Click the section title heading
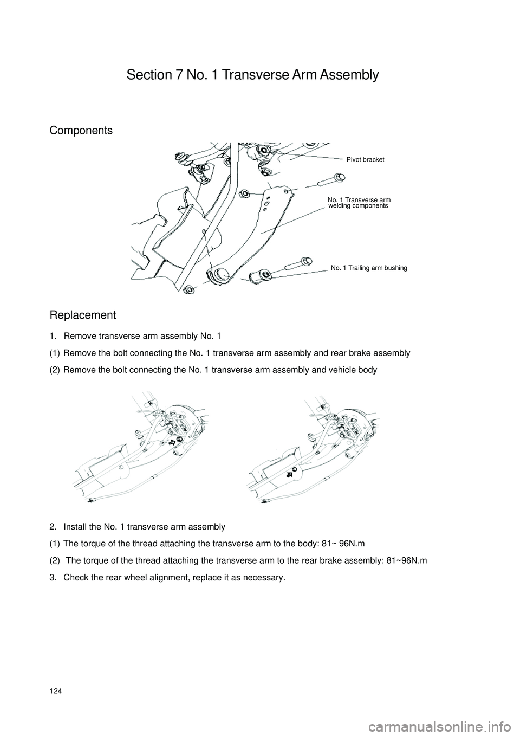click(252, 75)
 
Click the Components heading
click(81, 131)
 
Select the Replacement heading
click(83, 315)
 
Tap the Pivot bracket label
click(365, 160)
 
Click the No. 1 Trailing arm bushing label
click(369, 268)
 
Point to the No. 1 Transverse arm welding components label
click(359, 203)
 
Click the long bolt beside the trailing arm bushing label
click(295, 265)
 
